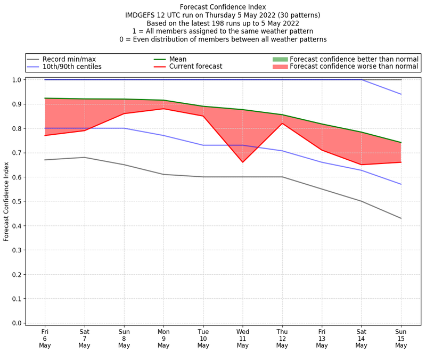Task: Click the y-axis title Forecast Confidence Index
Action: pos(7,201)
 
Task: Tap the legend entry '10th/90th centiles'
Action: pos(72,67)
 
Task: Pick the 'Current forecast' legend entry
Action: pos(196,67)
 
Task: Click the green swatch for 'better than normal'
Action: pos(280,59)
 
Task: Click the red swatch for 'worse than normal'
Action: pos(280,67)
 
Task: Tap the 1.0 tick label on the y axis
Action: pos(17,80)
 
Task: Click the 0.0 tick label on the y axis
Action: pos(17,323)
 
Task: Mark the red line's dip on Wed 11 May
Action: pos(243,162)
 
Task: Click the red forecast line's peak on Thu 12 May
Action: pos(282,124)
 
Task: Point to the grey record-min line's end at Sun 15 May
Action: pos(401,218)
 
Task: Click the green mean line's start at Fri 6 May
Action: pos(45,98)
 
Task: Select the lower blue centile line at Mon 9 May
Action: pos(163,135)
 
